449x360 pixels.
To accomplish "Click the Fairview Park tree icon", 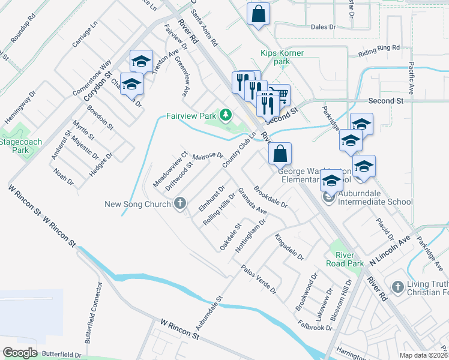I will tap(226, 114).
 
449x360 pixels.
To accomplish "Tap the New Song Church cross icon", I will tap(179, 204).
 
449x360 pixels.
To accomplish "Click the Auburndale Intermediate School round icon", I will tap(329, 196).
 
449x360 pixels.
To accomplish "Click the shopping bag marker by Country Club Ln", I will tap(280, 154).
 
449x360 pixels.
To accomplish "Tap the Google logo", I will tap(20, 353).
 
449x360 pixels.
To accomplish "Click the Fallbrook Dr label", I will tap(315, 325).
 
